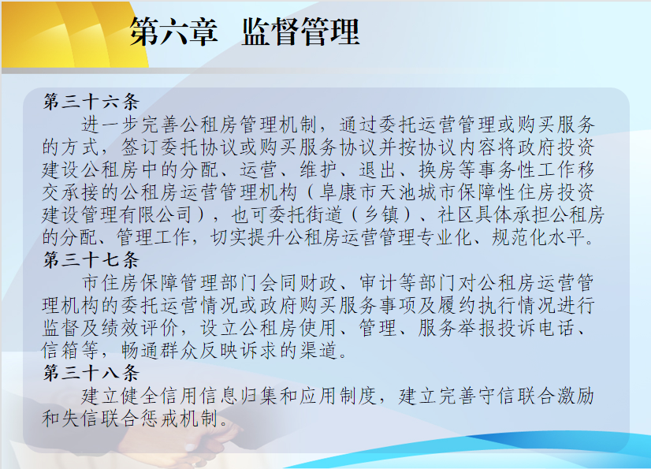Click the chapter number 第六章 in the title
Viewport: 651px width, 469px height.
pos(173,32)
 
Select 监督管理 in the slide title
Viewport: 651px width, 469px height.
pos(300,32)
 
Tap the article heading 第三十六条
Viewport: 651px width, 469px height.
pos(91,102)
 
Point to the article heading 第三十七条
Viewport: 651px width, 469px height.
pos(91,260)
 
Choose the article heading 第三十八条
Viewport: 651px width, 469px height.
pos(91,373)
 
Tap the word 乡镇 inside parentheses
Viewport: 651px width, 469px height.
pos(381,214)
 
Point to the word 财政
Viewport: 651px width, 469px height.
pos(319,283)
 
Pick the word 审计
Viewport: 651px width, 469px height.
pos(378,283)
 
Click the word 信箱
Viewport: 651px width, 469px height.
pos(61,350)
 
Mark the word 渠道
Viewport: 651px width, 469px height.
pos(319,350)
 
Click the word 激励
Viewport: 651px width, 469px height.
pos(575,396)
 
